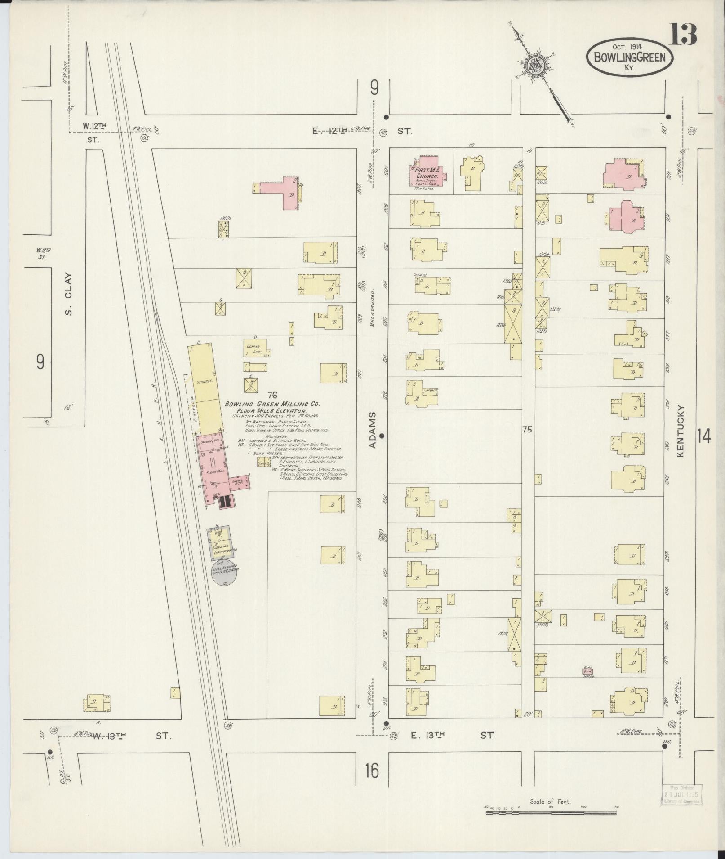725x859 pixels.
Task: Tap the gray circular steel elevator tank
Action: pos(225,573)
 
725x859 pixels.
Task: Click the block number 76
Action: pos(271,395)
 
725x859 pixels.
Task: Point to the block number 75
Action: pos(527,430)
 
